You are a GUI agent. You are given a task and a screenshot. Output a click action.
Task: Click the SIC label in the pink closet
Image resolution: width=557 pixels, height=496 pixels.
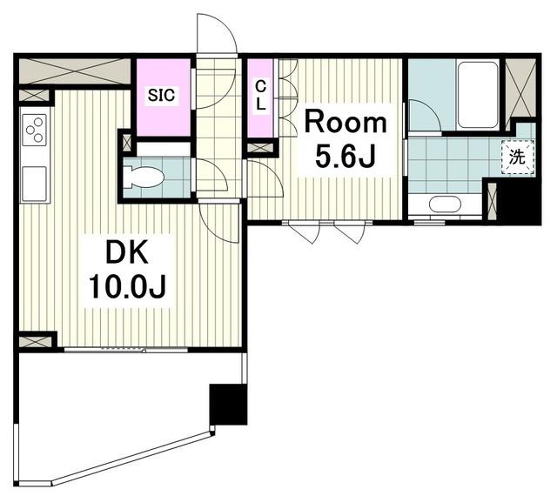click(161, 95)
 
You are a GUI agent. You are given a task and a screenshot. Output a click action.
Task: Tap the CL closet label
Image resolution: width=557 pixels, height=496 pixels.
click(261, 95)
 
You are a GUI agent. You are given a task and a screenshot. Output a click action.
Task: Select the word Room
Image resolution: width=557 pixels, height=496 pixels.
click(346, 123)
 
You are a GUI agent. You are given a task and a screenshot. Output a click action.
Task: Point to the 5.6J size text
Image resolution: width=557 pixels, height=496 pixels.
click(346, 157)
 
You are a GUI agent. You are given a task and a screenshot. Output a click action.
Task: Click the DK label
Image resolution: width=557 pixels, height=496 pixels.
click(127, 253)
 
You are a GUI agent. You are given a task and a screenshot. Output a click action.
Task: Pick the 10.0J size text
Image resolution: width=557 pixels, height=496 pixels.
click(127, 287)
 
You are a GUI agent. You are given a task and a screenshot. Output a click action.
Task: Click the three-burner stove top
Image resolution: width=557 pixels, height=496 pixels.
click(35, 130)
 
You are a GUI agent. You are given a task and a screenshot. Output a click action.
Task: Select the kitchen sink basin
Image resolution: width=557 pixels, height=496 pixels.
click(34, 184)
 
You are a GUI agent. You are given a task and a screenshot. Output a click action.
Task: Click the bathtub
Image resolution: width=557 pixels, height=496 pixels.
click(478, 95)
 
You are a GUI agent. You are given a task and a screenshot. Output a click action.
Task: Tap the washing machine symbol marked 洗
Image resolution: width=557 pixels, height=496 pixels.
click(517, 158)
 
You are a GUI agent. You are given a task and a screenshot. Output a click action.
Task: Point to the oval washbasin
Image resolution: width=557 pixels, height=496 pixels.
click(445, 204)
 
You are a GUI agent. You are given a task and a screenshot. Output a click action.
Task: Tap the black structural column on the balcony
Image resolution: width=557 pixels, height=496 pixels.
click(228, 405)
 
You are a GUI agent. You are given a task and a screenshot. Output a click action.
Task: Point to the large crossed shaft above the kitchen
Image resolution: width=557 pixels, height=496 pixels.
click(75, 71)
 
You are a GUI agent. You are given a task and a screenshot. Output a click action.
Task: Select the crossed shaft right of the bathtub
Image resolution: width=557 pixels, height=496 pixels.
click(520, 88)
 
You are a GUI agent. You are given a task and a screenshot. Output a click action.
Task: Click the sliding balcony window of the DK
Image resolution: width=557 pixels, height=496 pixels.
click(126, 351)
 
